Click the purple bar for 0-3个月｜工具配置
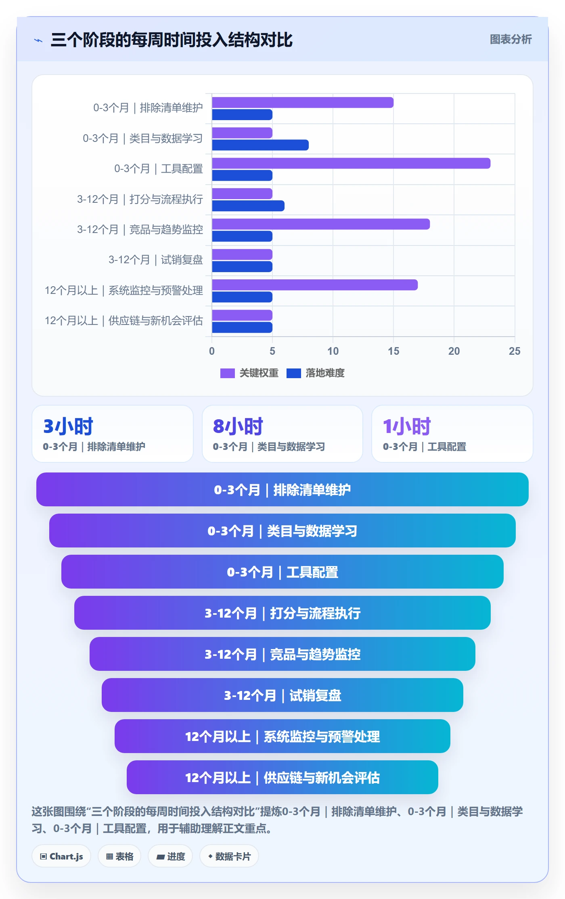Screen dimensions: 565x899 click(x=351, y=163)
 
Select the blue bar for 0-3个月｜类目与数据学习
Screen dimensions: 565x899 click(x=260, y=145)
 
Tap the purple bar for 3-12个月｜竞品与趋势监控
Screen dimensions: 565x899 click(x=321, y=224)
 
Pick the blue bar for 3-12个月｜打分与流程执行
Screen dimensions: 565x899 click(x=248, y=206)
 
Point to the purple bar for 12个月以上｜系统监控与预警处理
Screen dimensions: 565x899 click(x=315, y=285)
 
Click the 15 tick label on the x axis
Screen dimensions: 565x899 click(x=393, y=351)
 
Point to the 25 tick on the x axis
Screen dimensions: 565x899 click(x=515, y=351)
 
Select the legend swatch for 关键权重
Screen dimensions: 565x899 click(x=227, y=373)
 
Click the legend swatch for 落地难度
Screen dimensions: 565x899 click(x=293, y=373)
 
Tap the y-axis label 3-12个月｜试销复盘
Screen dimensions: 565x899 click(x=156, y=260)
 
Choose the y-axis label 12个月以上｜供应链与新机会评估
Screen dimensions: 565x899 click(x=124, y=321)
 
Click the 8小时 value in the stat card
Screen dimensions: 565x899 click(x=238, y=427)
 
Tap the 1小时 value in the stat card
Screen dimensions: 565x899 click(x=407, y=427)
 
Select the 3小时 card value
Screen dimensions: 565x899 click(x=68, y=427)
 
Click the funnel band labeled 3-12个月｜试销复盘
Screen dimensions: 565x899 click(x=282, y=695)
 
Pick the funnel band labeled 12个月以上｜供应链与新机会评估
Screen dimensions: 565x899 click(x=282, y=777)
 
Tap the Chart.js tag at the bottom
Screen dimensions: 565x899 click(x=61, y=856)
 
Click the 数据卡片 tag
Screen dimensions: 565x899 click(x=229, y=856)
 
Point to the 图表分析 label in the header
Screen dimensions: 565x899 click(x=511, y=40)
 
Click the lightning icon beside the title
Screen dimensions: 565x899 click(x=38, y=40)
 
